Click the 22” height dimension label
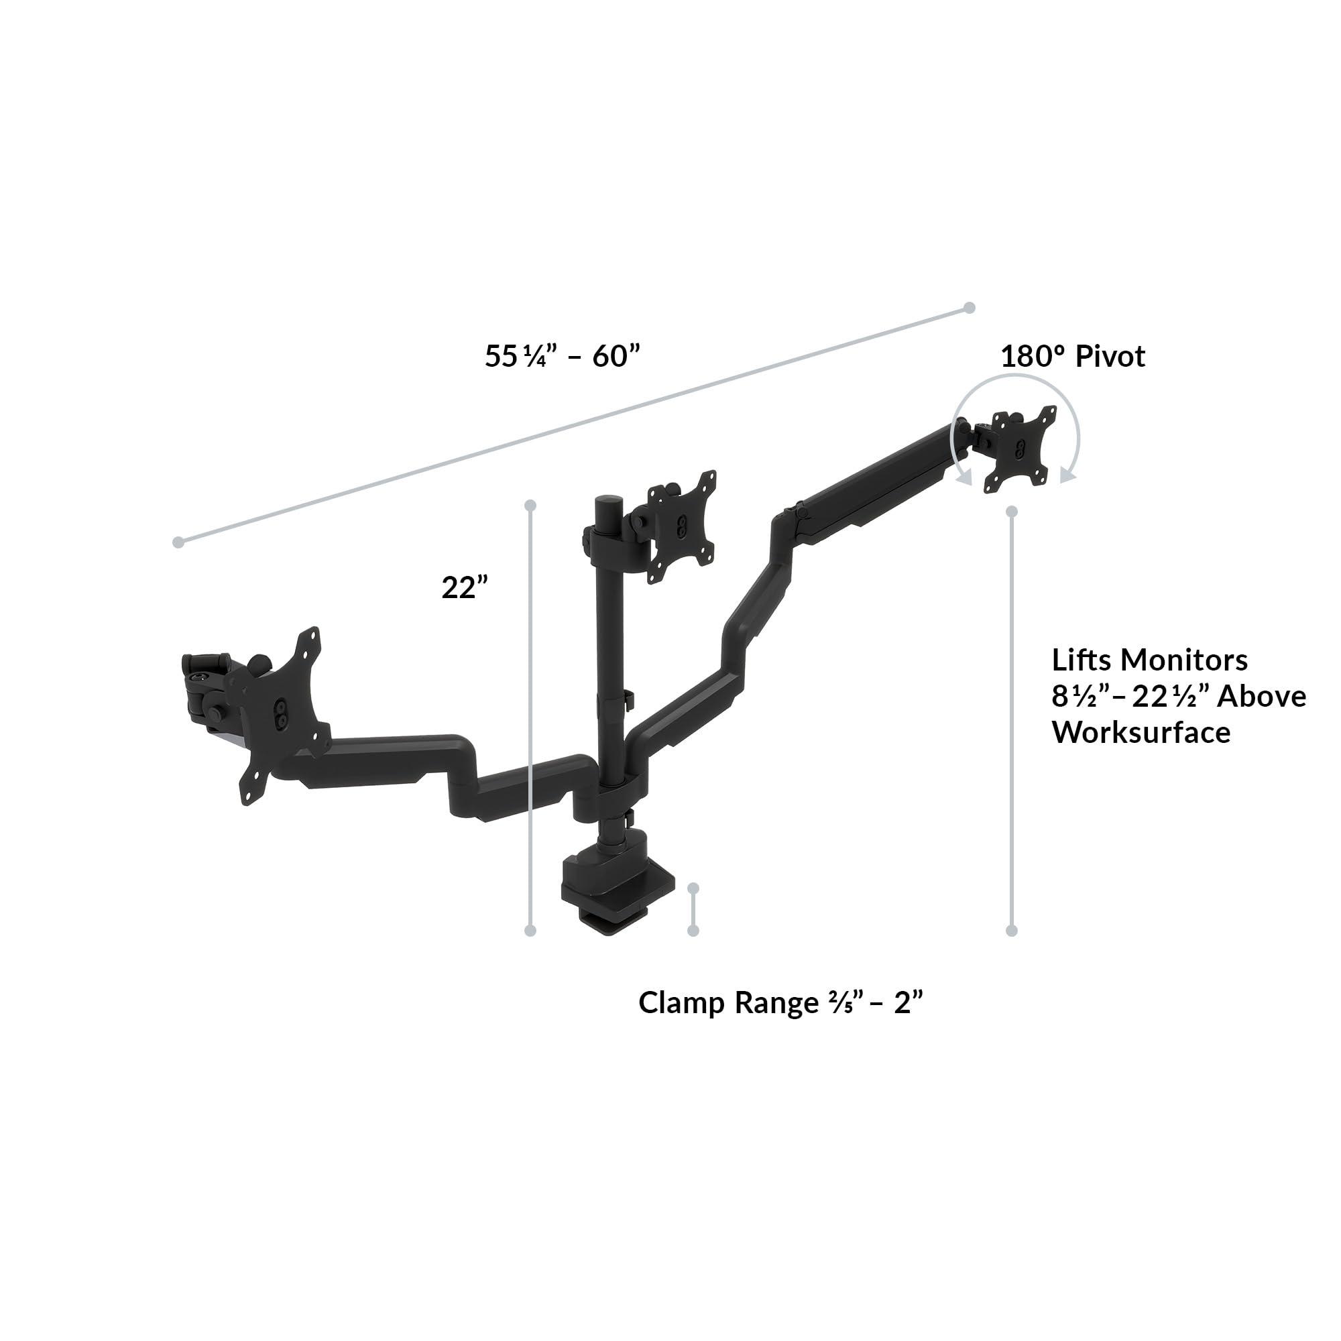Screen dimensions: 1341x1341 point(465,588)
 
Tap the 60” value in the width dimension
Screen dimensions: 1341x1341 point(615,356)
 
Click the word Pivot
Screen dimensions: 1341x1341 point(1110,356)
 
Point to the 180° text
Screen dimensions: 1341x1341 point(1032,356)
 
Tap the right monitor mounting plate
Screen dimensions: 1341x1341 point(1019,449)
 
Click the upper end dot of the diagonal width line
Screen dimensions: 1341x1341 point(970,308)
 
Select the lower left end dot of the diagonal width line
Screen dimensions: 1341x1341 point(178,542)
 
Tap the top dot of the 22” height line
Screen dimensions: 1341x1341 point(531,505)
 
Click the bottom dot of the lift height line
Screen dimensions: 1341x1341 point(1011,931)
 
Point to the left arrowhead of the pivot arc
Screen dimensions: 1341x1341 point(964,477)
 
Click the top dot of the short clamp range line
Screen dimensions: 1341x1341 point(693,888)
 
